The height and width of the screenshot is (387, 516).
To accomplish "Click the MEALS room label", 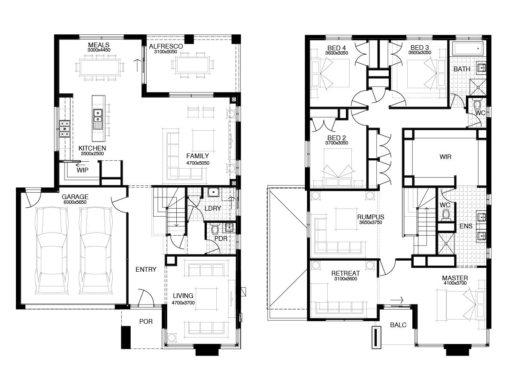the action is pos(99,45).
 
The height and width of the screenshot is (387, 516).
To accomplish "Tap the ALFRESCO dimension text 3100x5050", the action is pos(166,52).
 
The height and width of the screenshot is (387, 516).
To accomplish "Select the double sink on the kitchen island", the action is pos(97,119).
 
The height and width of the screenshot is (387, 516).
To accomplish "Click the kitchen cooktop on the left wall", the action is pos(64,129).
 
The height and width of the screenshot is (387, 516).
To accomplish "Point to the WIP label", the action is pos(83,170).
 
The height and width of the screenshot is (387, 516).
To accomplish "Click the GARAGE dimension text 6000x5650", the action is pos(75,202).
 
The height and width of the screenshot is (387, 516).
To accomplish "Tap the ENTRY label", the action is pos(146,270).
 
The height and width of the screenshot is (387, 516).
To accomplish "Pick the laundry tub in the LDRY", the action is pos(213,192).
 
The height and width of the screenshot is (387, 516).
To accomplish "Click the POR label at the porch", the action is pos(146,322).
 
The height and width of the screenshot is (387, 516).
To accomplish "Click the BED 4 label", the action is pos(337,48).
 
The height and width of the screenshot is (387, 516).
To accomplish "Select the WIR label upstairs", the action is pos(445,157).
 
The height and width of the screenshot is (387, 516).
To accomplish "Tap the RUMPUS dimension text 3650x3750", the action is pos(371,222).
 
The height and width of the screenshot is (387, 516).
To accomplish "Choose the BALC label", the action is pos(398,325).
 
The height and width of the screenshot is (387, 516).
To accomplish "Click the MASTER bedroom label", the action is pos(455,278).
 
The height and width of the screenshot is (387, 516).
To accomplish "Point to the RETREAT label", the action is pos(346,273).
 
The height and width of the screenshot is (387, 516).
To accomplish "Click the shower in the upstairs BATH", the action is pos(478,87).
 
